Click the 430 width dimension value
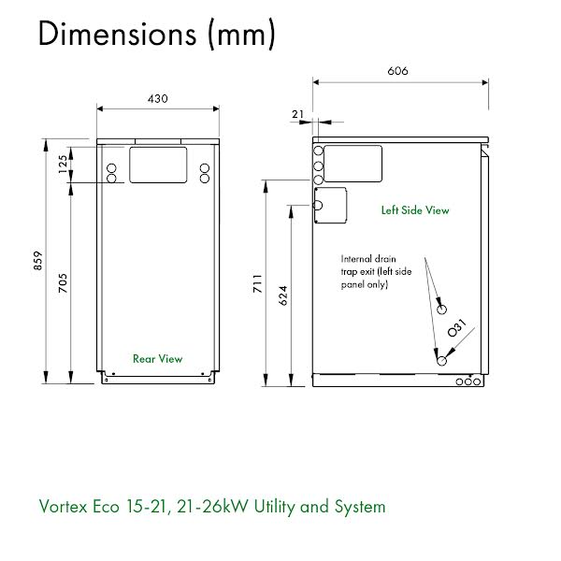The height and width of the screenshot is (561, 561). pyautogui.click(x=158, y=99)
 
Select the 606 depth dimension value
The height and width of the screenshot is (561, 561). pyautogui.click(x=398, y=71)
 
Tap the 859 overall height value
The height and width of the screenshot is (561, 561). pyautogui.click(x=38, y=261)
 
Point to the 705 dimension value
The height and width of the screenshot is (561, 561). pyautogui.click(x=63, y=283)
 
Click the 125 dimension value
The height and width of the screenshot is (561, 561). pyautogui.click(x=63, y=165)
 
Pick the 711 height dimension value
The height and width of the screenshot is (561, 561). pyautogui.click(x=258, y=284)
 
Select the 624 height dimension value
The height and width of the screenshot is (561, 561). pyautogui.click(x=283, y=295)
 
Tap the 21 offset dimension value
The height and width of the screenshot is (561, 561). pyautogui.click(x=297, y=114)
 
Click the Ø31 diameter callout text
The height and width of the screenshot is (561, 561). pyautogui.click(x=457, y=328)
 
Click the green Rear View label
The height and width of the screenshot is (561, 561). pyautogui.click(x=157, y=359)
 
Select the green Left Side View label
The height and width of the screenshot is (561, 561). pyautogui.click(x=415, y=210)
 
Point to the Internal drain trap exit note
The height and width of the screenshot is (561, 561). pyautogui.click(x=376, y=271)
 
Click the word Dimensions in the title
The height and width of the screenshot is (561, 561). pyautogui.click(x=118, y=34)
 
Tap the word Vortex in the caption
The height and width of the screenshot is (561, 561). pyautogui.click(x=63, y=507)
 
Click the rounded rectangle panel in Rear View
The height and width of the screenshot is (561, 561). pyautogui.click(x=158, y=165)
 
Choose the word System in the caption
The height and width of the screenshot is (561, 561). pyautogui.click(x=360, y=507)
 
